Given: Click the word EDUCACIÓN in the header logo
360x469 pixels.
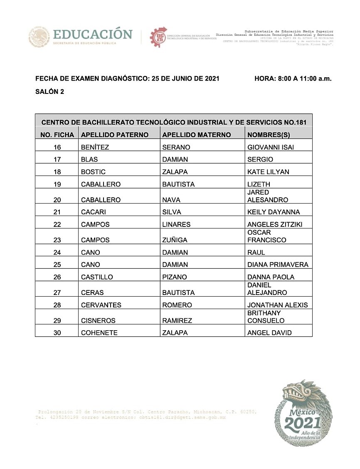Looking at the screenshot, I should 93,34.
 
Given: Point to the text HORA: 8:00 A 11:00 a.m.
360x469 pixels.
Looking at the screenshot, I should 293,78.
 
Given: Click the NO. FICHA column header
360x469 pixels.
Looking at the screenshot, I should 57,135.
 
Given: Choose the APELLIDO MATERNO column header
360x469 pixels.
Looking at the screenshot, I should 196,135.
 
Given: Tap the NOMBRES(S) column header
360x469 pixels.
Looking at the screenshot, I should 269,135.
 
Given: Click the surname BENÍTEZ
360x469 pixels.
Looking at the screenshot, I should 95,147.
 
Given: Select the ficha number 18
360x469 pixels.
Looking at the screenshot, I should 57,172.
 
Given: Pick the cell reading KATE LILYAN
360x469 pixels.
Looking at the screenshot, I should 268,172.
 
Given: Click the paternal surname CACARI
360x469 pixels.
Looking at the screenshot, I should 94,212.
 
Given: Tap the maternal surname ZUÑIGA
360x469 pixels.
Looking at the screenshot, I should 175,240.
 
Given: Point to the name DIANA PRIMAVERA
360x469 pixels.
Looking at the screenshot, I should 278,265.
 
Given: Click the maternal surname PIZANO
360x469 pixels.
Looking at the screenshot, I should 175,277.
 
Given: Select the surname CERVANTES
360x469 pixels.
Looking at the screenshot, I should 101,305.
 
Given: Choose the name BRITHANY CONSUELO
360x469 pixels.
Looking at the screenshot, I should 266,317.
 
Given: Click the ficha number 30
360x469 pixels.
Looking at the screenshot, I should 57,332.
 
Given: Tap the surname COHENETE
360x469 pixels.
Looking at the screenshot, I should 99,332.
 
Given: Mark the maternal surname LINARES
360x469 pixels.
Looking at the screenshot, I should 176,224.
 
